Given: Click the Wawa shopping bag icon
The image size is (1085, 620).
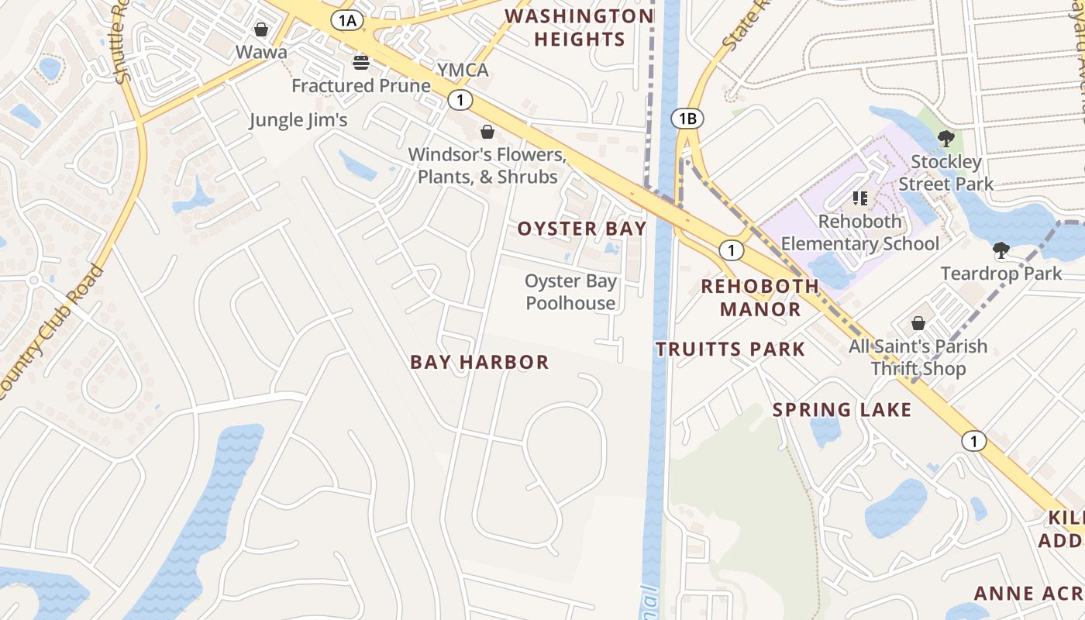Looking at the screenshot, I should click(x=261, y=29).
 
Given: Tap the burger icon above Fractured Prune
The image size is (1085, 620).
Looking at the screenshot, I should click(x=361, y=62).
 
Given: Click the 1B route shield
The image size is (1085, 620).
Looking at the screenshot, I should click(x=687, y=119).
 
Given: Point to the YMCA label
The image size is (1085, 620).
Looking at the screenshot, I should click(x=463, y=71).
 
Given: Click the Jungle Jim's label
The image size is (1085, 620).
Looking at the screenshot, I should click(x=298, y=120).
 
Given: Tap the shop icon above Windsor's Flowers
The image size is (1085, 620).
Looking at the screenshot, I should click(x=487, y=132).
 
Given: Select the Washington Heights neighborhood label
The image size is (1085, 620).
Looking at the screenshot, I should click(x=579, y=28).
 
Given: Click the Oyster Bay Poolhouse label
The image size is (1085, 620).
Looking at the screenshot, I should click(x=570, y=292).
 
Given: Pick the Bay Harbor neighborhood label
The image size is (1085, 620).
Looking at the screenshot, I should click(x=479, y=362).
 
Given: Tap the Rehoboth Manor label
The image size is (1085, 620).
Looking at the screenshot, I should click(x=759, y=298).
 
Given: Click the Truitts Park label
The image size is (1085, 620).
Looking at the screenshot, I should click(x=730, y=350).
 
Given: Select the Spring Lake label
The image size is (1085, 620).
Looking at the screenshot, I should click(x=842, y=410).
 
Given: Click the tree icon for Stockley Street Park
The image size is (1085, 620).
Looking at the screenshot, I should click(x=945, y=139).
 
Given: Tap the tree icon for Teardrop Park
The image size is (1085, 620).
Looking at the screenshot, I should click(x=1001, y=250).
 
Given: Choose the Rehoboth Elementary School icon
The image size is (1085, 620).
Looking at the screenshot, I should click(x=859, y=198).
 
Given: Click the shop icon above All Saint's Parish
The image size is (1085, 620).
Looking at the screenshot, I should click(x=918, y=322).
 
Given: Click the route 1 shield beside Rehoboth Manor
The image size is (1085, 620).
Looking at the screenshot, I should click(x=731, y=250).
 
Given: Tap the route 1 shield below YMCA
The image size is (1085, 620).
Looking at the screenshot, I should click(x=460, y=100).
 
